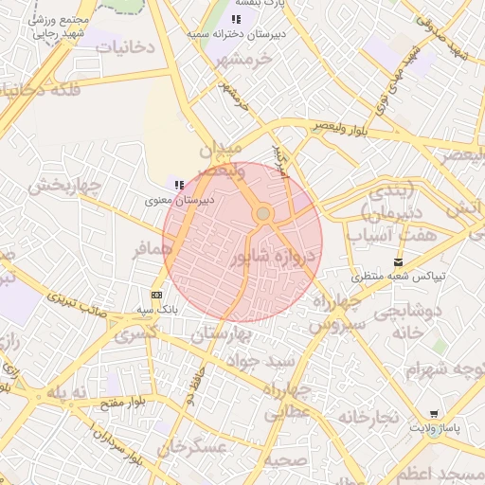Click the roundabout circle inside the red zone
[x=263, y=214]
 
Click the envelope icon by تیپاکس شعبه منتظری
[x=398, y=262]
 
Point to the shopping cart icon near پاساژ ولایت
[x=434, y=414]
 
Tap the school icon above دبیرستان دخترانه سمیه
[x=236, y=19]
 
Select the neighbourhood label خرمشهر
[x=242, y=60]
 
